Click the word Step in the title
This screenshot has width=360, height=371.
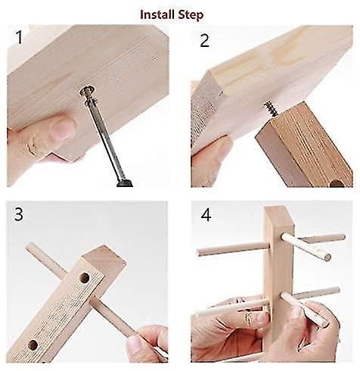pos(191,15)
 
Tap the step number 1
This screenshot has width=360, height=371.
pos(19,37)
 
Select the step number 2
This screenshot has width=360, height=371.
pos(204,40)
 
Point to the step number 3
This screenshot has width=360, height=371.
pos(19,215)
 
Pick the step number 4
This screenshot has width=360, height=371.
pos(206,215)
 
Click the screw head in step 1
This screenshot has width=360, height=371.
pos(88,91)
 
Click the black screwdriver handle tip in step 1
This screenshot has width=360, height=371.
pos(125,182)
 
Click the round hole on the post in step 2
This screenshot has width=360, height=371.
pos(337,183)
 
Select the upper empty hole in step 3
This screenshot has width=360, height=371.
pos(85,278)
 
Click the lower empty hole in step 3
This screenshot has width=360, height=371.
pos(33,345)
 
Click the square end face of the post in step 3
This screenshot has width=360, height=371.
pos(104,257)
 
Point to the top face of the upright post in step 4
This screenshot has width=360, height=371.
pos(278,214)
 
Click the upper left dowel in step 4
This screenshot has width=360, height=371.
pos(232,248)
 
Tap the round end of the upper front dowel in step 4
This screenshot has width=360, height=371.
pos(327,257)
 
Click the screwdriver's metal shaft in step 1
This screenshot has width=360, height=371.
pos(104,135)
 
